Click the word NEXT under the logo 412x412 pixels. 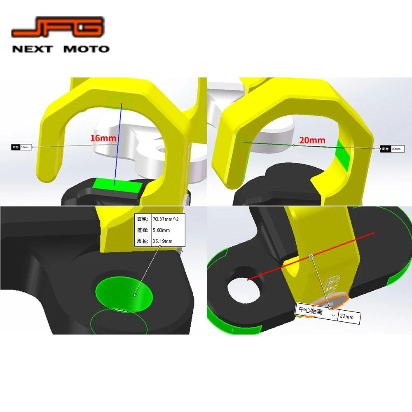(33, 49)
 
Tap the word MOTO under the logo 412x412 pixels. (87, 49)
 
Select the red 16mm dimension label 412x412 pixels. (103, 138)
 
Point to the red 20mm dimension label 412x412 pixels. (312, 140)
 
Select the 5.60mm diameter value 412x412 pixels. (161, 230)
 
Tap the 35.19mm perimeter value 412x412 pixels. (162, 241)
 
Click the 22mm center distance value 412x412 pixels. (346, 318)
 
